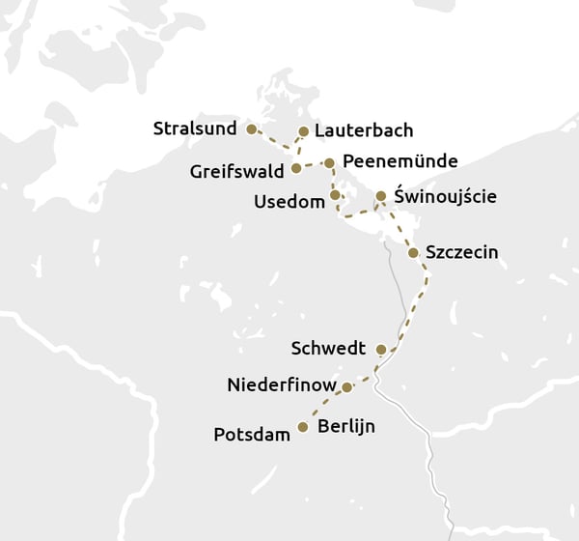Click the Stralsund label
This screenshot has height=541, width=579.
pos(196,128)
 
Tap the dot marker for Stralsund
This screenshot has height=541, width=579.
pos(251,128)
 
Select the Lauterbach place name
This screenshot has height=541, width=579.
pos(364,130)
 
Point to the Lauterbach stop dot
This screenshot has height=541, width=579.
pos(304,131)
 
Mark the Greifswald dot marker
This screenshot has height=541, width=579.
pos(296,169)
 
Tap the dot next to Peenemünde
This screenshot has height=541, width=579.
pos(329,163)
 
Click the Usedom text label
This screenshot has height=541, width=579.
pos(289,201)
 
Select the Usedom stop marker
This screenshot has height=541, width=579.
pos(335,195)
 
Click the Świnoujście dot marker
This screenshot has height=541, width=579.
pos(381,196)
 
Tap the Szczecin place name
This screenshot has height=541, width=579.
pos(461,253)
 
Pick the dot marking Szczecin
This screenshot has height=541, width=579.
pos(413,253)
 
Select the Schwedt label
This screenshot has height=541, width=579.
pos(328,348)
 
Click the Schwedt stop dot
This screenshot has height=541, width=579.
pos(381,350)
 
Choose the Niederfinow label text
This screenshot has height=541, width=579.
pos(282,385)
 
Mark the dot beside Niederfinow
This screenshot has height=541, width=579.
pos(346,386)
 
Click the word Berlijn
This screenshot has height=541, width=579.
pos(345,426)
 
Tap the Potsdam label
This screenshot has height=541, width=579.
pos(252,435)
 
